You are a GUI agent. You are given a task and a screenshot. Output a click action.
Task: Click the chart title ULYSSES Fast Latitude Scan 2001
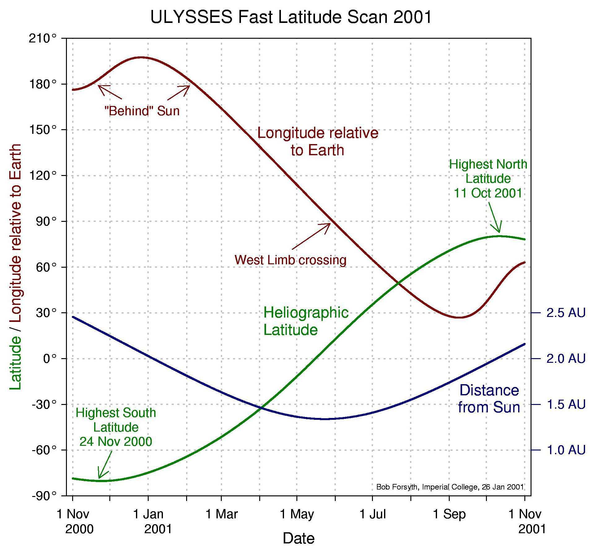click(x=291, y=17)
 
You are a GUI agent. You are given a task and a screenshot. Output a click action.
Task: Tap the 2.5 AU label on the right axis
click(x=566, y=313)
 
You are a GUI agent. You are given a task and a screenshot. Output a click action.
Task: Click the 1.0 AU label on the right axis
click(x=566, y=450)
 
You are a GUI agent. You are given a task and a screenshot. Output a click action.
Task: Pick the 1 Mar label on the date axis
click(x=221, y=514)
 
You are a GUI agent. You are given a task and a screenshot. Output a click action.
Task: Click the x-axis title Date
click(x=298, y=538)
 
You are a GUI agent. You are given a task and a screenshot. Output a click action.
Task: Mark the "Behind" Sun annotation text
click(x=142, y=111)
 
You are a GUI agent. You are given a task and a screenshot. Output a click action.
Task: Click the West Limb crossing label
click(x=290, y=260)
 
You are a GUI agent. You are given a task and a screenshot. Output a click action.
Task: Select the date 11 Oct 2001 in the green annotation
click(x=488, y=193)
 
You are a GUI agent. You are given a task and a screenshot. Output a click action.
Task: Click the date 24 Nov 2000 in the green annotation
click(x=116, y=441)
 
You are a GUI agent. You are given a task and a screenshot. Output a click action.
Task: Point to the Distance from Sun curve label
click(x=488, y=399)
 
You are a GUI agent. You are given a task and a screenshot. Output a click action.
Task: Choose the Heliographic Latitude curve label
click(x=306, y=321)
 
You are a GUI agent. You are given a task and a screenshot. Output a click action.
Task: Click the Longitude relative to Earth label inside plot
click(x=318, y=141)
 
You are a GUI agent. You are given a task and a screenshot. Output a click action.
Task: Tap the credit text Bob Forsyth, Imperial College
click(x=450, y=487)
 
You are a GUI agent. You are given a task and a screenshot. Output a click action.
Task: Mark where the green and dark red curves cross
click(x=399, y=283)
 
